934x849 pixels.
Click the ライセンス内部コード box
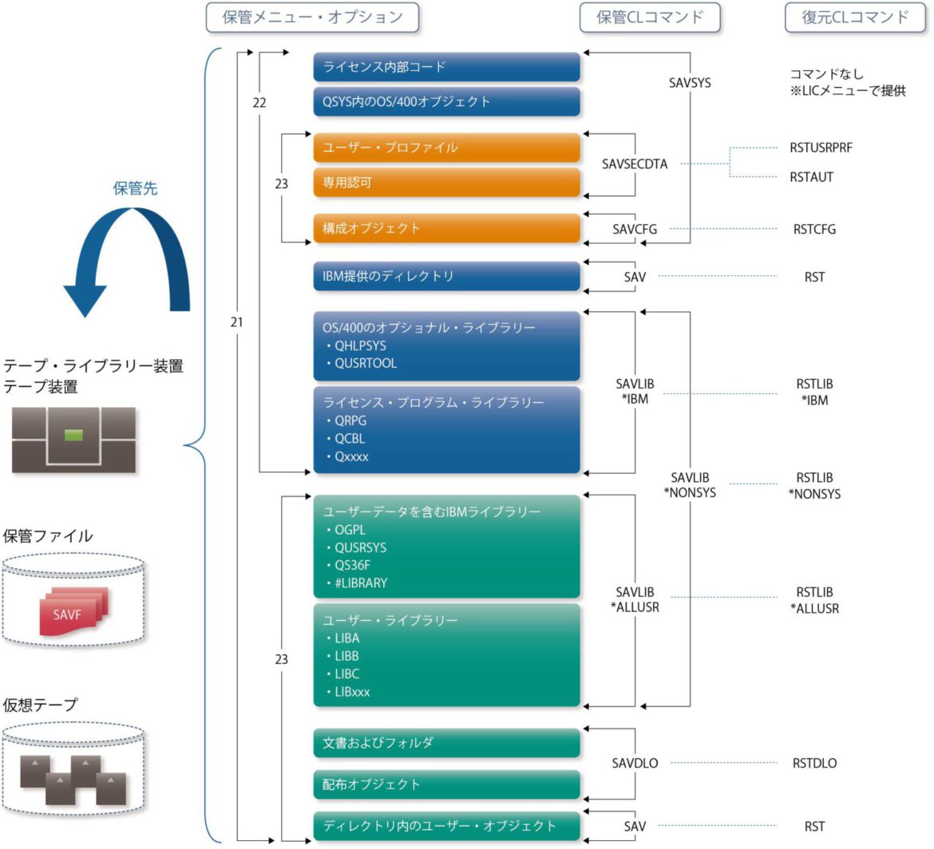[445, 67]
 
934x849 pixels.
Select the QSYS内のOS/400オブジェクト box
[445, 102]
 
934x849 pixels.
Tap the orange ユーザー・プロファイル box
[445, 148]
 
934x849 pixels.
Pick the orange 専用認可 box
[445, 183]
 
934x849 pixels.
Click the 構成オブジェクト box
[445, 228]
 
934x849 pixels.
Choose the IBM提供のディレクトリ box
[445, 276]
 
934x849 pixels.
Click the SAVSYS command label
[690, 82]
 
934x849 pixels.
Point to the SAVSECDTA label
[635, 164]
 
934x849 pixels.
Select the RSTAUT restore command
[811, 177]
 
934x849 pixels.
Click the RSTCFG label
[814, 229]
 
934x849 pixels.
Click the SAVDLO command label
[635, 763]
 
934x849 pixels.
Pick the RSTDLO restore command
[814, 763]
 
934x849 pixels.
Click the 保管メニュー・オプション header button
[312, 18]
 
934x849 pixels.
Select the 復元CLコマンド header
[855, 18]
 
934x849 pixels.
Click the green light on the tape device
[73, 435]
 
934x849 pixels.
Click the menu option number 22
[259, 103]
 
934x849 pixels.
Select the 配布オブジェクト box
[445, 784]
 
